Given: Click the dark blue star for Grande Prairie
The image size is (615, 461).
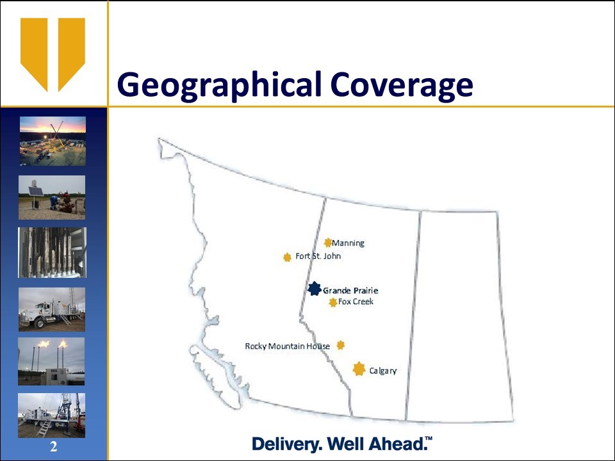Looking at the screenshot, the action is tap(314, 289).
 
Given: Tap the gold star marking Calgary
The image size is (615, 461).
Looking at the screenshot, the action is tap(359, 369).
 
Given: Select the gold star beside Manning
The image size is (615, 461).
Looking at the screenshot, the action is tap(328, 243).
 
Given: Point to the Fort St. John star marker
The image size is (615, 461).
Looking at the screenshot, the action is tap(287, 257).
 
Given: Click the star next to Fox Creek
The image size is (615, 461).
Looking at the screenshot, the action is tap(333, 302).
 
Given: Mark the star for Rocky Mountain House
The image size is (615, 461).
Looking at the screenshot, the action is tap(340, 345).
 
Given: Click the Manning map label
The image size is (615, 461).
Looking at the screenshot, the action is tap(348, 243).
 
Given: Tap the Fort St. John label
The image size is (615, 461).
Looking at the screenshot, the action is tap(318, 256).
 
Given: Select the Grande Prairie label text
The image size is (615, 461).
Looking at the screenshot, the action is tap(350, 291).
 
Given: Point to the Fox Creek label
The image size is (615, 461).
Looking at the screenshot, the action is tap(356, 302).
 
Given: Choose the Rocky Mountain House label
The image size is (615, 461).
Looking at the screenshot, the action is tap(288, 346).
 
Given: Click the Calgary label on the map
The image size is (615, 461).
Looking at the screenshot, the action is tap(383, 371).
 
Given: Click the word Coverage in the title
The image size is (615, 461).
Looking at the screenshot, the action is tap(402, 85).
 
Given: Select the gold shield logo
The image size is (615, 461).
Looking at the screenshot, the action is tap(53, 54).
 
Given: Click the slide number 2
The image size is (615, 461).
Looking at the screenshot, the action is tap(53, 446).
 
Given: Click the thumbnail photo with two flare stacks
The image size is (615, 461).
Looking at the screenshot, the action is tap(51, 361).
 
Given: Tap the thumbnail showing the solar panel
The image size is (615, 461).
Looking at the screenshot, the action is tap(52, 198).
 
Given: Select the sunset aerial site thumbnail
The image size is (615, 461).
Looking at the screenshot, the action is tap(53, 141).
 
